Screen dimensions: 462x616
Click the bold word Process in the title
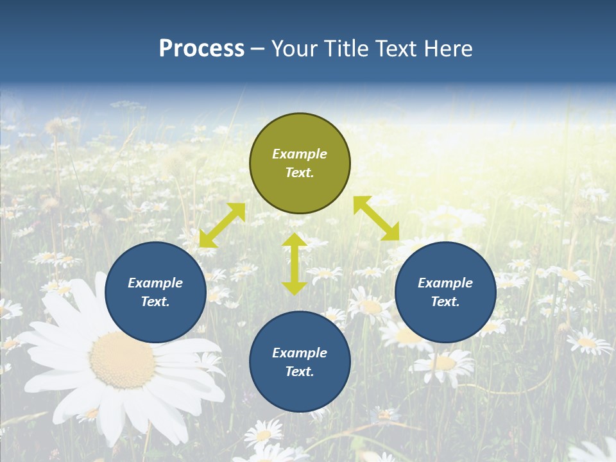click(201, 49)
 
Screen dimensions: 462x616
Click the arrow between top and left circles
click(222, 225)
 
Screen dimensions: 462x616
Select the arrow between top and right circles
click(377, 218)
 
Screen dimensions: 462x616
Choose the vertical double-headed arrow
click(295, 264)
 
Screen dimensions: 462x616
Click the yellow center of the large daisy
click(122, 360)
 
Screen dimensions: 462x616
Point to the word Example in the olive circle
click(300, 154)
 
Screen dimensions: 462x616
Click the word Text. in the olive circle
click(300, 173)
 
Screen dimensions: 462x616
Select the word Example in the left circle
click(155, 283)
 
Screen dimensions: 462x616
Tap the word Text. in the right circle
click(445, 302)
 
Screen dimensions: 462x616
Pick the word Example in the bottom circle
click(300, 353)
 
